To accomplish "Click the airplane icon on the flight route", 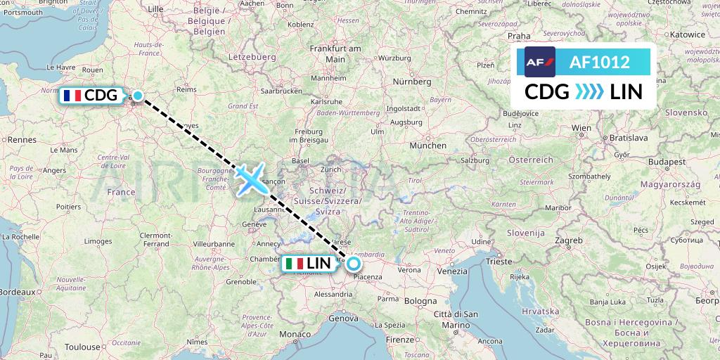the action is point(250,178).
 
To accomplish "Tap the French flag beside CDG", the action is point(71,96).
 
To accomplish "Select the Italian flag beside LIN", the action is point(295,264).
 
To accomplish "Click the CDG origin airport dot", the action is point(139,96).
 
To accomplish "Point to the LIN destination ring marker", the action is point(353,264).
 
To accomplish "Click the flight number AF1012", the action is point(599,63).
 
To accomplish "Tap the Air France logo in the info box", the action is point(540,62).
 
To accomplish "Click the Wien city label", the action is point(581,128).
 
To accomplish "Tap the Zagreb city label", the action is point(568,240).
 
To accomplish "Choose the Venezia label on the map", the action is point(451,271).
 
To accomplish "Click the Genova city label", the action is point(344,319).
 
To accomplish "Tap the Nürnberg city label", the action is point(412,82).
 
